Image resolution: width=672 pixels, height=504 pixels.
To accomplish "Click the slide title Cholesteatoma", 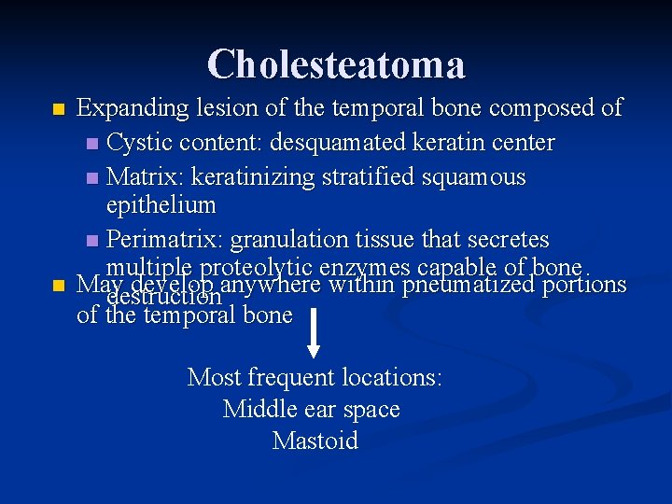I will pyautogui.click(x=336, y=64).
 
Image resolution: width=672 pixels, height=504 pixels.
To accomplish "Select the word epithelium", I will pyautogui.click(x=161, y=205).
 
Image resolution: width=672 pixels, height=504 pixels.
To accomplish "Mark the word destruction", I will pyautogui.click(x=164, y=297).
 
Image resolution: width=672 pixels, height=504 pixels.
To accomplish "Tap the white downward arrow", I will pyautogui.click(x=314, y=331).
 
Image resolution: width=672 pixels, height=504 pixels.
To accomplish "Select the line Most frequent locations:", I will pyautogui.click(x=315, y=377).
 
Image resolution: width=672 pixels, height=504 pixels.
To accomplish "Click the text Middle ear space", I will pyautogui.click(x=312, y=409).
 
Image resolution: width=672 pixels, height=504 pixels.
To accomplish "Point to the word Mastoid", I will pyautogui.click(x=315, y=441).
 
